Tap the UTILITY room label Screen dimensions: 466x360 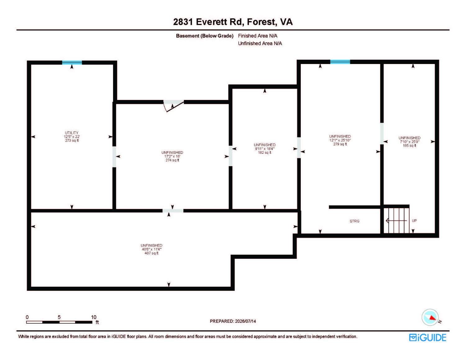72,133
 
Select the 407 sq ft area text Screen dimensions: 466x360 151,253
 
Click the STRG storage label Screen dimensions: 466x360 354,221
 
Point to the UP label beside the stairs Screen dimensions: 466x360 414,221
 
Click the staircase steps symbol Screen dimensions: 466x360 396,220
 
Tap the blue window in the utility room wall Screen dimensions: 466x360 72,63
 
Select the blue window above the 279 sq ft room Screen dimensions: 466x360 340,62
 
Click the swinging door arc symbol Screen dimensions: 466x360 173,106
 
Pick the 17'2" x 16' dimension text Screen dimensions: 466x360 172,156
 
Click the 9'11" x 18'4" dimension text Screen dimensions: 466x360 265,148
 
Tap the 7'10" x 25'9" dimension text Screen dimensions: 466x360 409,142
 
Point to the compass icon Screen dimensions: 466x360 430,317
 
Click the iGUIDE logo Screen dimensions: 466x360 427,338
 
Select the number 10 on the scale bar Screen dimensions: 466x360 94,317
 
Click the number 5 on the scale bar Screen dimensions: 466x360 59,317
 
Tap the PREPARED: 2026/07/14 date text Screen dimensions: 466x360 233,321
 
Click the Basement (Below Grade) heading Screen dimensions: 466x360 205,36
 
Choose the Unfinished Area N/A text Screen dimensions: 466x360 260,43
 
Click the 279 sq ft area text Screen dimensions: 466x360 340,144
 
